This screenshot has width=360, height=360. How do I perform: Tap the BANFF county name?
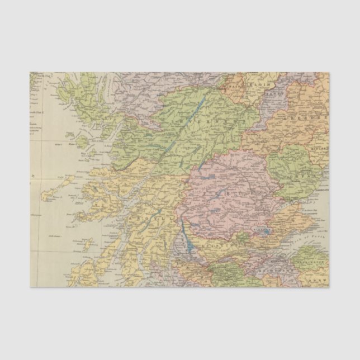pyautogui.click(x=273, y=94)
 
